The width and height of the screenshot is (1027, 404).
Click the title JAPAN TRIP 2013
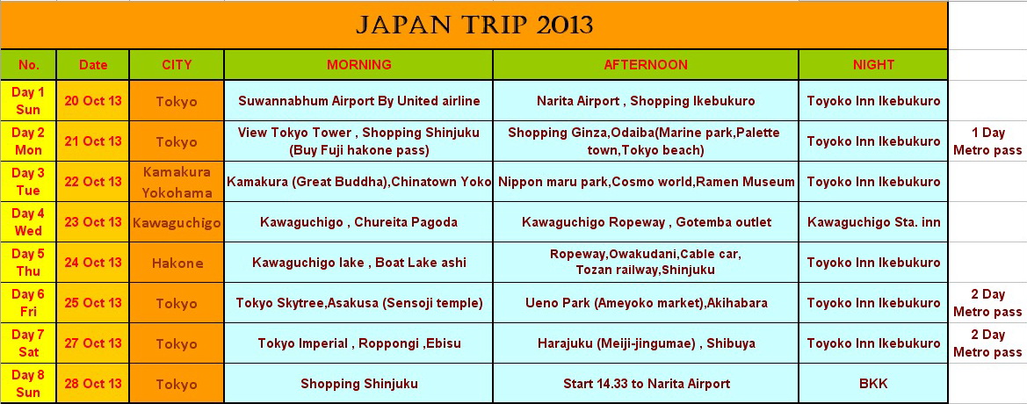click(x=474, y=25)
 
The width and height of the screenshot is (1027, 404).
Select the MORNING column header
click(x=359, y=65)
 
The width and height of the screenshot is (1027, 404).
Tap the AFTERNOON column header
click(x=645, y=65)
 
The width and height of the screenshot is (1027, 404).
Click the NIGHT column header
click(x=873, y=65)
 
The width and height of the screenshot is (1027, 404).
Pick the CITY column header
click(x=177, y=65)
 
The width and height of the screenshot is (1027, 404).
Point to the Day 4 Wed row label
click(x=28, y=222)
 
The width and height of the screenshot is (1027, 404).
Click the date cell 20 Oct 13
click(x=93, y=101)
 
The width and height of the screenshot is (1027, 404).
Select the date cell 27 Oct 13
click(x=93, y=343)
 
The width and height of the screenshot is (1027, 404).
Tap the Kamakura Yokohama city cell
click(x=177, y=182)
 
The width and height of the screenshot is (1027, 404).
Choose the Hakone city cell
click(x=177, y=263)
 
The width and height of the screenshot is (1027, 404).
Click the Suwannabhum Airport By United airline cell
click(x=359, y=101)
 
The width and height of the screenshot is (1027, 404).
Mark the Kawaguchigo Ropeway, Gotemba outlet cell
click(x=647, y=222)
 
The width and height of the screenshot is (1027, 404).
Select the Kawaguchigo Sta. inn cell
click(x=874, y=222)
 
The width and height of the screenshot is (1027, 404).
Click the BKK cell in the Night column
click(x=874, y=384)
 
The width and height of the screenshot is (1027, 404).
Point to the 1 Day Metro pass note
click(x=987, y=141)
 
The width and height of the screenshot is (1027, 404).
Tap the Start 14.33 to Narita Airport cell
click(x=647, y=384)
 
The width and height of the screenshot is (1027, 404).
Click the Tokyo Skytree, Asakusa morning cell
click(x=359, y=303)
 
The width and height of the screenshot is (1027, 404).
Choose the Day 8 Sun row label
click(x=28, y=384)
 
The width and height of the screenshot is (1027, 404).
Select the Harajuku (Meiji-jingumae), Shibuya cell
click(x=647, y=343)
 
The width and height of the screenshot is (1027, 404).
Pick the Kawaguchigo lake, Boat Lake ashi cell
click(x=359, y=263)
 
